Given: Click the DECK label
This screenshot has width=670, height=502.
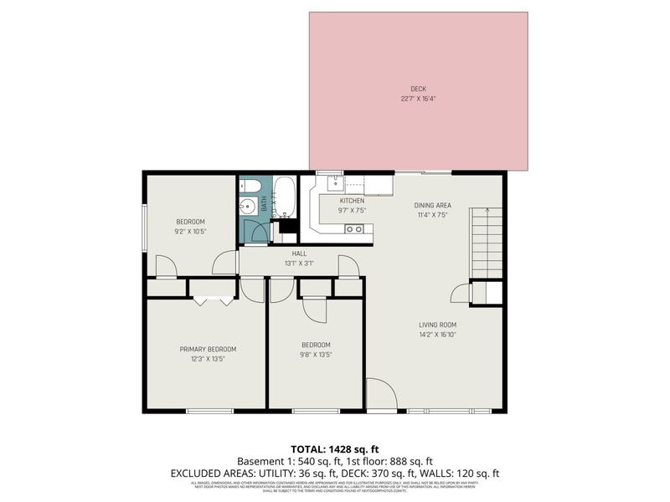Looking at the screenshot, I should coord(418,90).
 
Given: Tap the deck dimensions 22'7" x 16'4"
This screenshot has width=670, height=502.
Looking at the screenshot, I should coord(418,99).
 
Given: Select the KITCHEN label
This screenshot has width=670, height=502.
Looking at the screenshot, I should coord(352,201).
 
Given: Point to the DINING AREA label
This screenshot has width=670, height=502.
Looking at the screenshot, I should coord(432,205).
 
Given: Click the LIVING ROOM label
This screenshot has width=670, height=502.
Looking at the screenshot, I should coord(437,325).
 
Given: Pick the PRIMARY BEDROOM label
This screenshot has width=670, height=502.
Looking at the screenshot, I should coord(208,349).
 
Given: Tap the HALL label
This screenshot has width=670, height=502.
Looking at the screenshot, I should coord(299,253).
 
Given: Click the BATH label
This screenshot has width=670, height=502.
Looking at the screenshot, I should coord(263,203).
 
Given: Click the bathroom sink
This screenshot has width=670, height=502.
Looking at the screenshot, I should coord(247,207).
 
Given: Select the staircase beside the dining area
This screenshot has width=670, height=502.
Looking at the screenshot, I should coord(486,243).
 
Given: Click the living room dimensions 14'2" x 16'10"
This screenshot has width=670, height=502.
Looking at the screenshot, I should coord(437,335).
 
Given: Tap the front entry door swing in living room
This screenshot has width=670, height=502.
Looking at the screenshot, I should coord(380,395).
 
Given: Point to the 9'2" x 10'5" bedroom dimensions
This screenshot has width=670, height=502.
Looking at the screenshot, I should coord(190,231).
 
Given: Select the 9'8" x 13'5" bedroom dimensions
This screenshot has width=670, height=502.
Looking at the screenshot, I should coord(316,354).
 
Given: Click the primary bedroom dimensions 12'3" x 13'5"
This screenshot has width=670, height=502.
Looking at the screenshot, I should coord(208,359).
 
